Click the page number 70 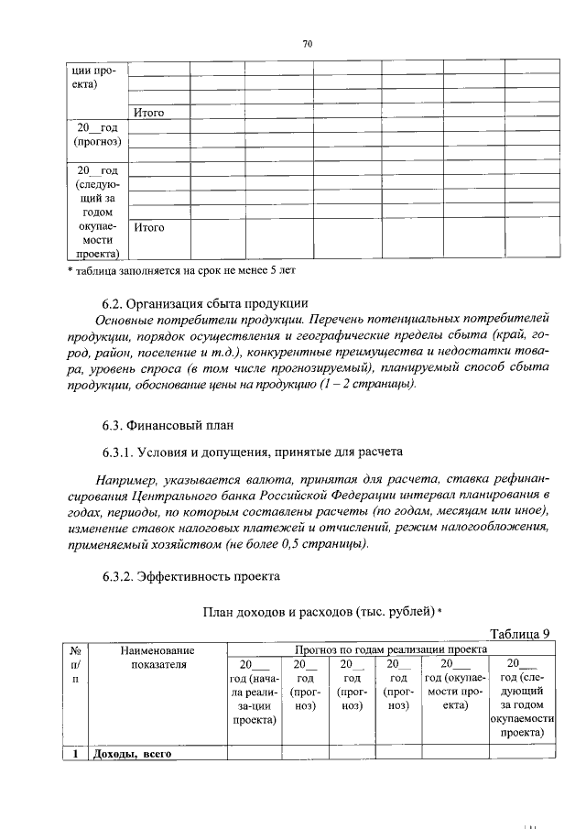coord(308,43)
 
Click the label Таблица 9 coord(519,633)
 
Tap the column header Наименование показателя coord(157,656)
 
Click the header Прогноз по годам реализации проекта coord(392,649)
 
